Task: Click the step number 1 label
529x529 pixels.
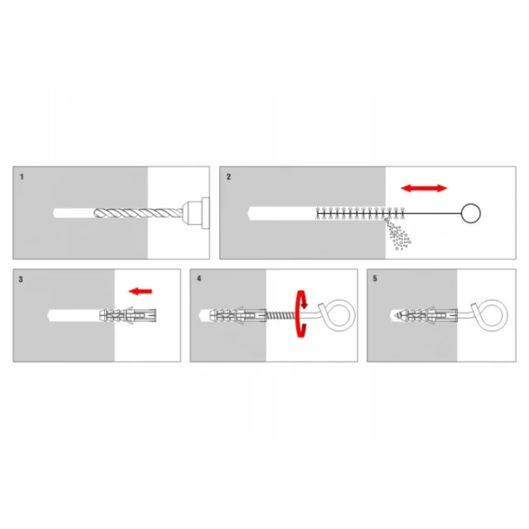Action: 22,177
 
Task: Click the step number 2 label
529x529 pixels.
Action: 229,177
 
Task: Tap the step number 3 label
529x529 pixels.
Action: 21,279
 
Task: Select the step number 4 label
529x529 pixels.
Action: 199,279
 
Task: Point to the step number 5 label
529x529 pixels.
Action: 374,279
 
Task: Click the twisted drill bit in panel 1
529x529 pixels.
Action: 138,213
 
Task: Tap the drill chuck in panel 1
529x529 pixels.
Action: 196,213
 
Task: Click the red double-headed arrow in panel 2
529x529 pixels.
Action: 424,188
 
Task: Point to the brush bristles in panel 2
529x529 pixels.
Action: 360,213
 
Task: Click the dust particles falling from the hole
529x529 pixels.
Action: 398,235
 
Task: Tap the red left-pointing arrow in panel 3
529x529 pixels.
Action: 141,291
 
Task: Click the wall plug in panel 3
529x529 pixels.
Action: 128,316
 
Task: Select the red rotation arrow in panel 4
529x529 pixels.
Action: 301,314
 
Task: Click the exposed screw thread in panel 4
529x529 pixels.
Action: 281,316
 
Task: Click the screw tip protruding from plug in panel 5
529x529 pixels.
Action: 398,316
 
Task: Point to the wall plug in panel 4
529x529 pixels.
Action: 238,316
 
